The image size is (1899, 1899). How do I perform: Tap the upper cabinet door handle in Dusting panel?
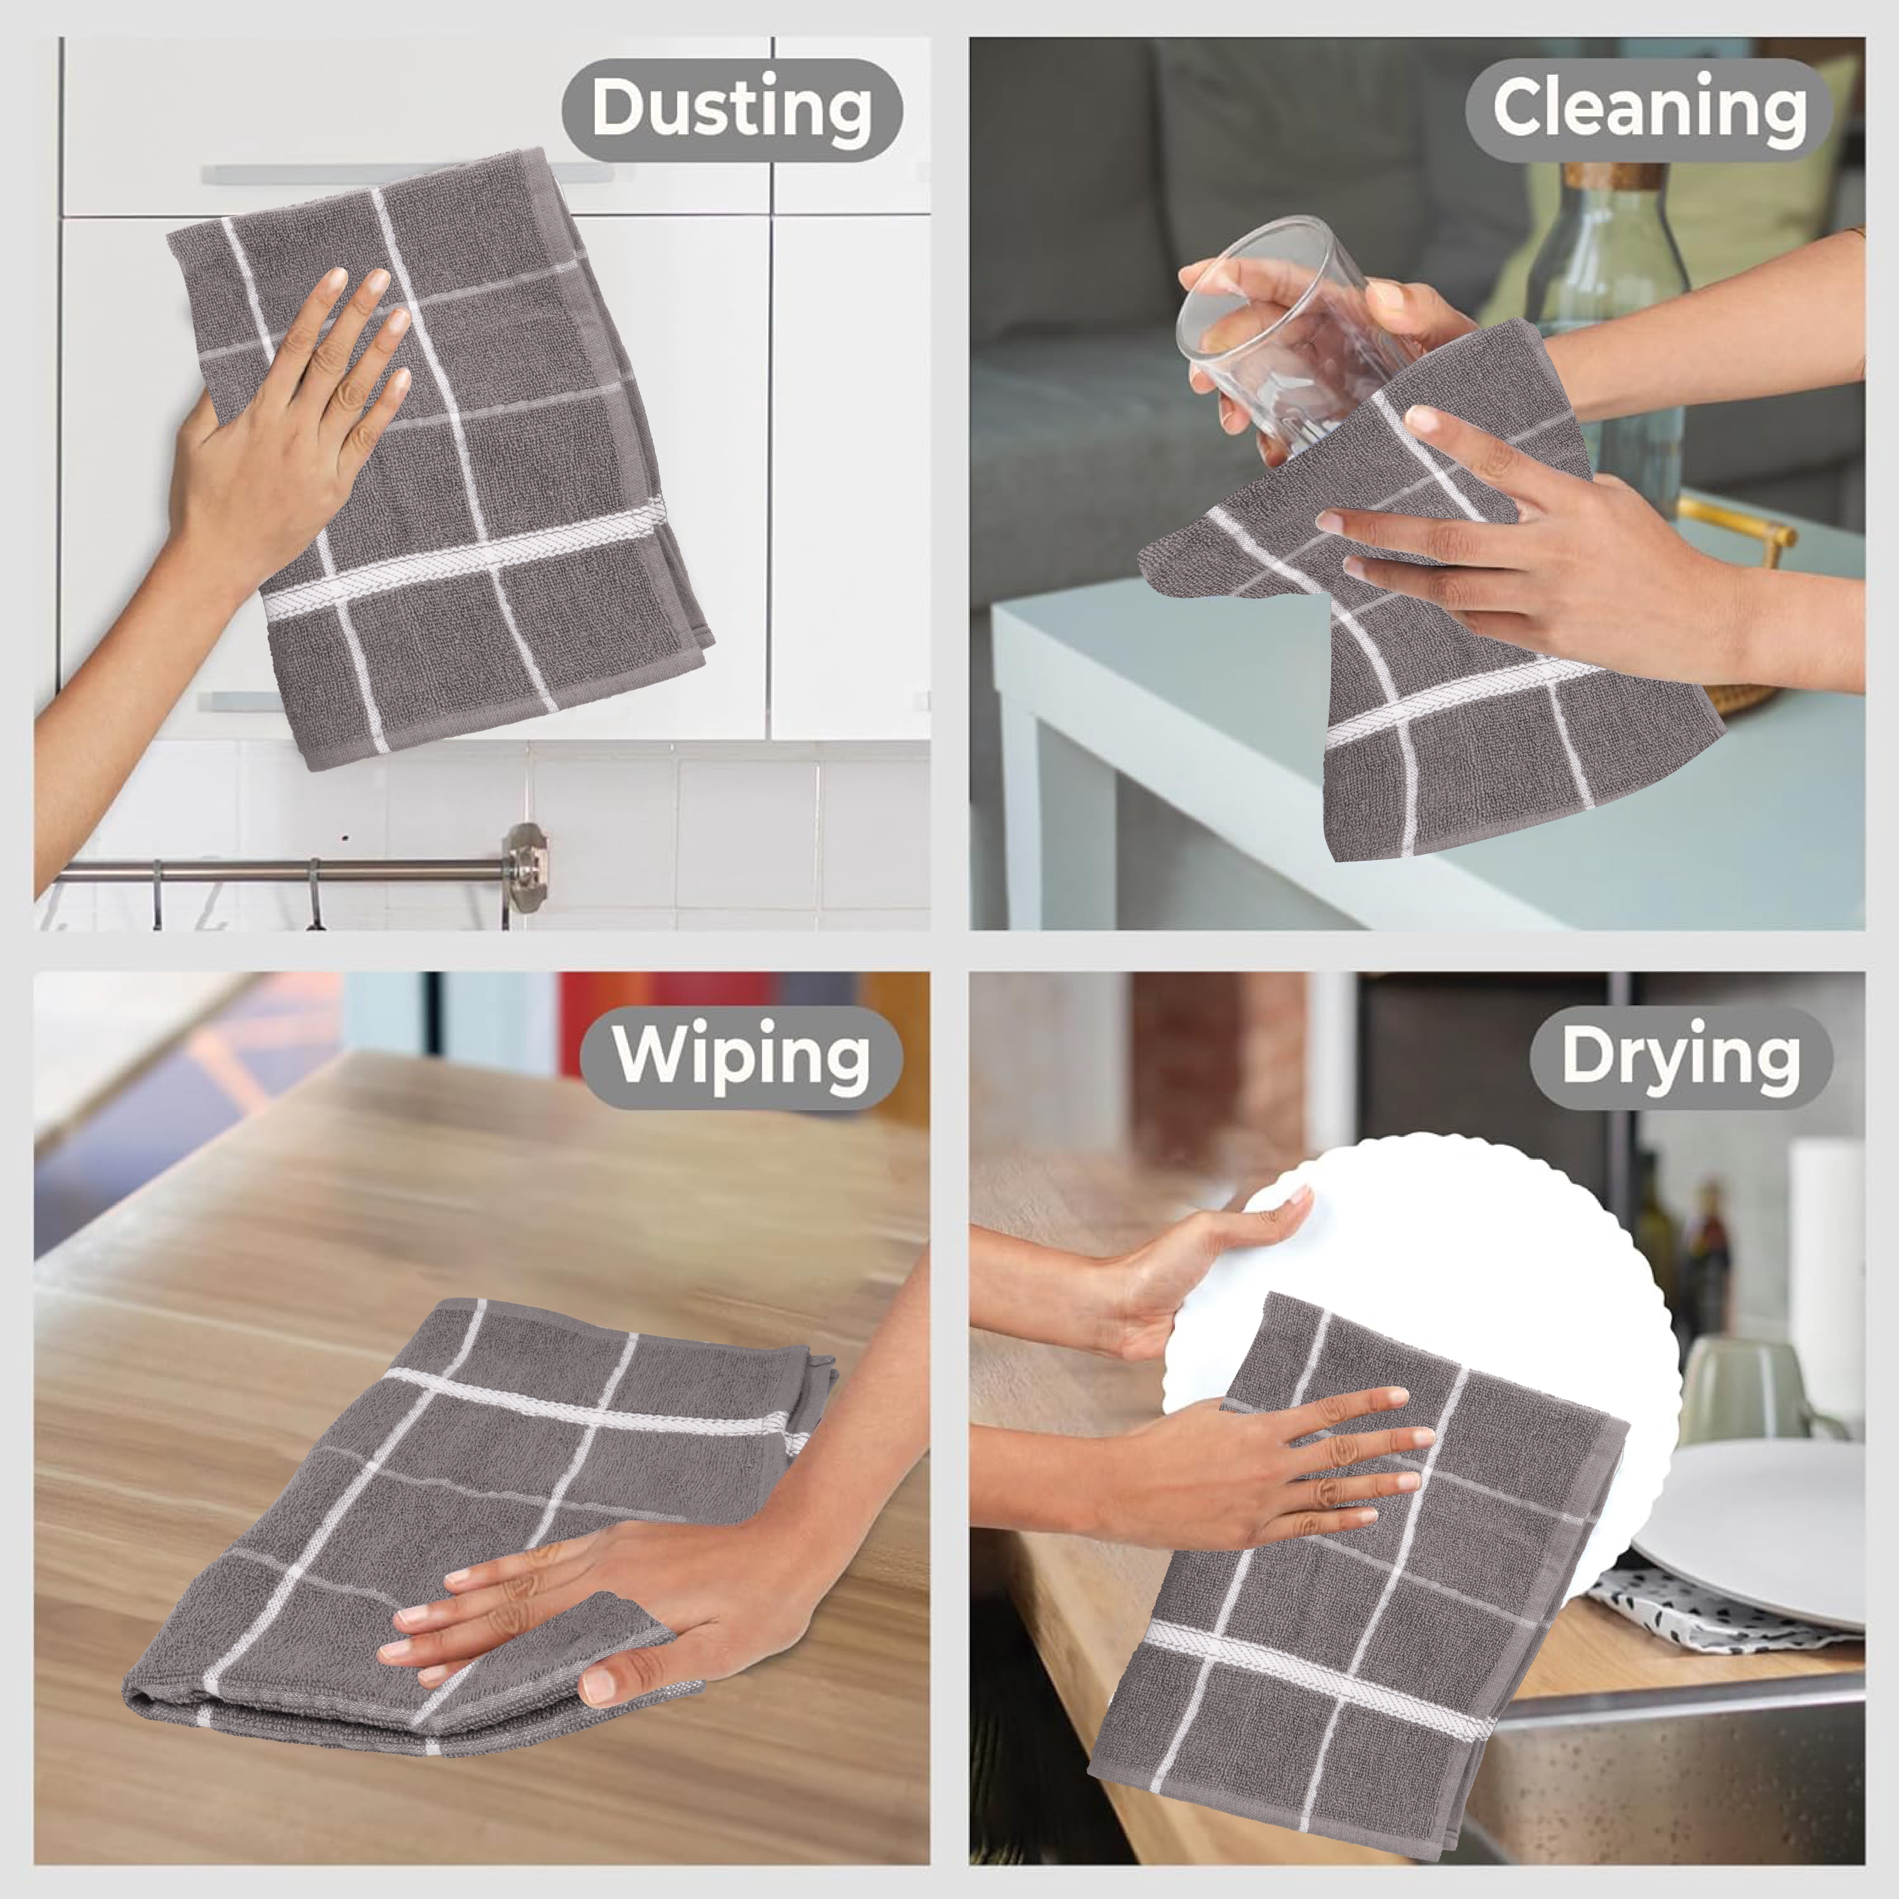click(x=408, y=174)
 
